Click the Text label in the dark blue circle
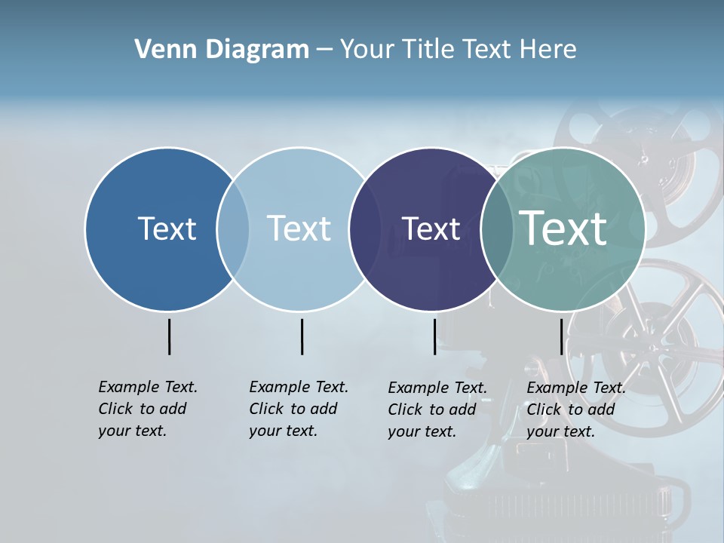[x=167, y=229]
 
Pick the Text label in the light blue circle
[x=299, y=229]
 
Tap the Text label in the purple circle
[x=431, y=229]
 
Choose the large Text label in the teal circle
[x=563, y=228]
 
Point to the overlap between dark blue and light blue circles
[x=233, y=229]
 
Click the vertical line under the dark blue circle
[x=169, y=336]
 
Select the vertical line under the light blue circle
[x=302, y=336]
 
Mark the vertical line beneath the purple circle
[x=434, y=336]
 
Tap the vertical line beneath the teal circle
[x=561, y=336]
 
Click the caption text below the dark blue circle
[x=148, y=409]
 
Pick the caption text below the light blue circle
[x=299, y=409]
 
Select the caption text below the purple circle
[x=437, y=410]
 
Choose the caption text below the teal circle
[x=576, y=410]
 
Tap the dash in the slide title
[x=324, y=50]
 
